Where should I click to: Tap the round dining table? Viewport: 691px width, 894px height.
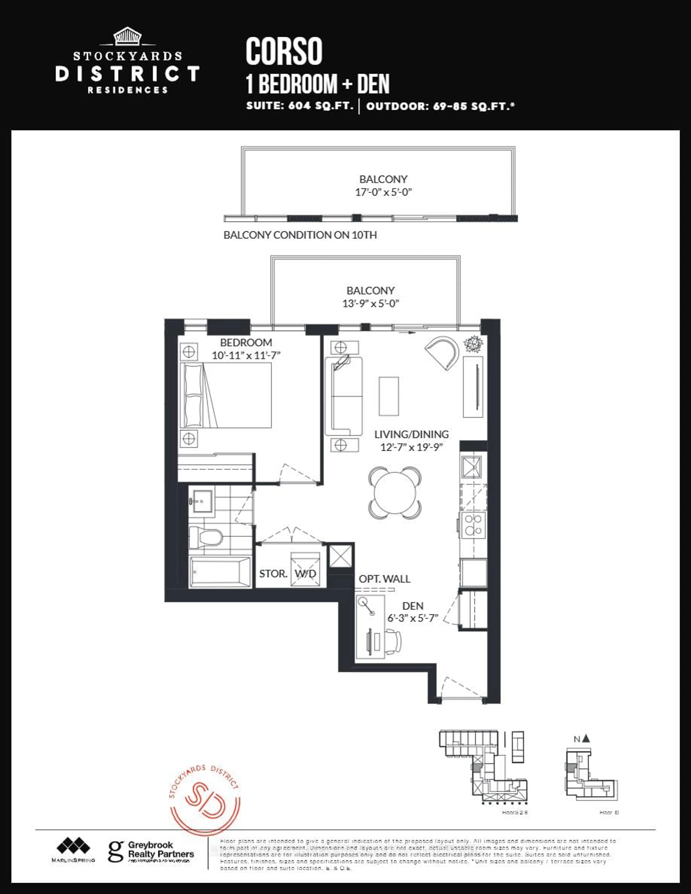click(x=395, y=492)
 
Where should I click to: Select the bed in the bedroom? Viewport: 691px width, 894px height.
click(x=226, y=395)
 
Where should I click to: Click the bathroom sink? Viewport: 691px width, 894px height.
click(x=201, y=500)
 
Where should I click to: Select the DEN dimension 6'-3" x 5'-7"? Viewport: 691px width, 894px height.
click(x=413, y=618)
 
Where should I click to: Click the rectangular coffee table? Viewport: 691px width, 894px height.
click(x=389, y=396)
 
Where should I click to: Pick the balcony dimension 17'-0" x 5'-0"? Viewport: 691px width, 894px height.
click(x=383, y=192)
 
